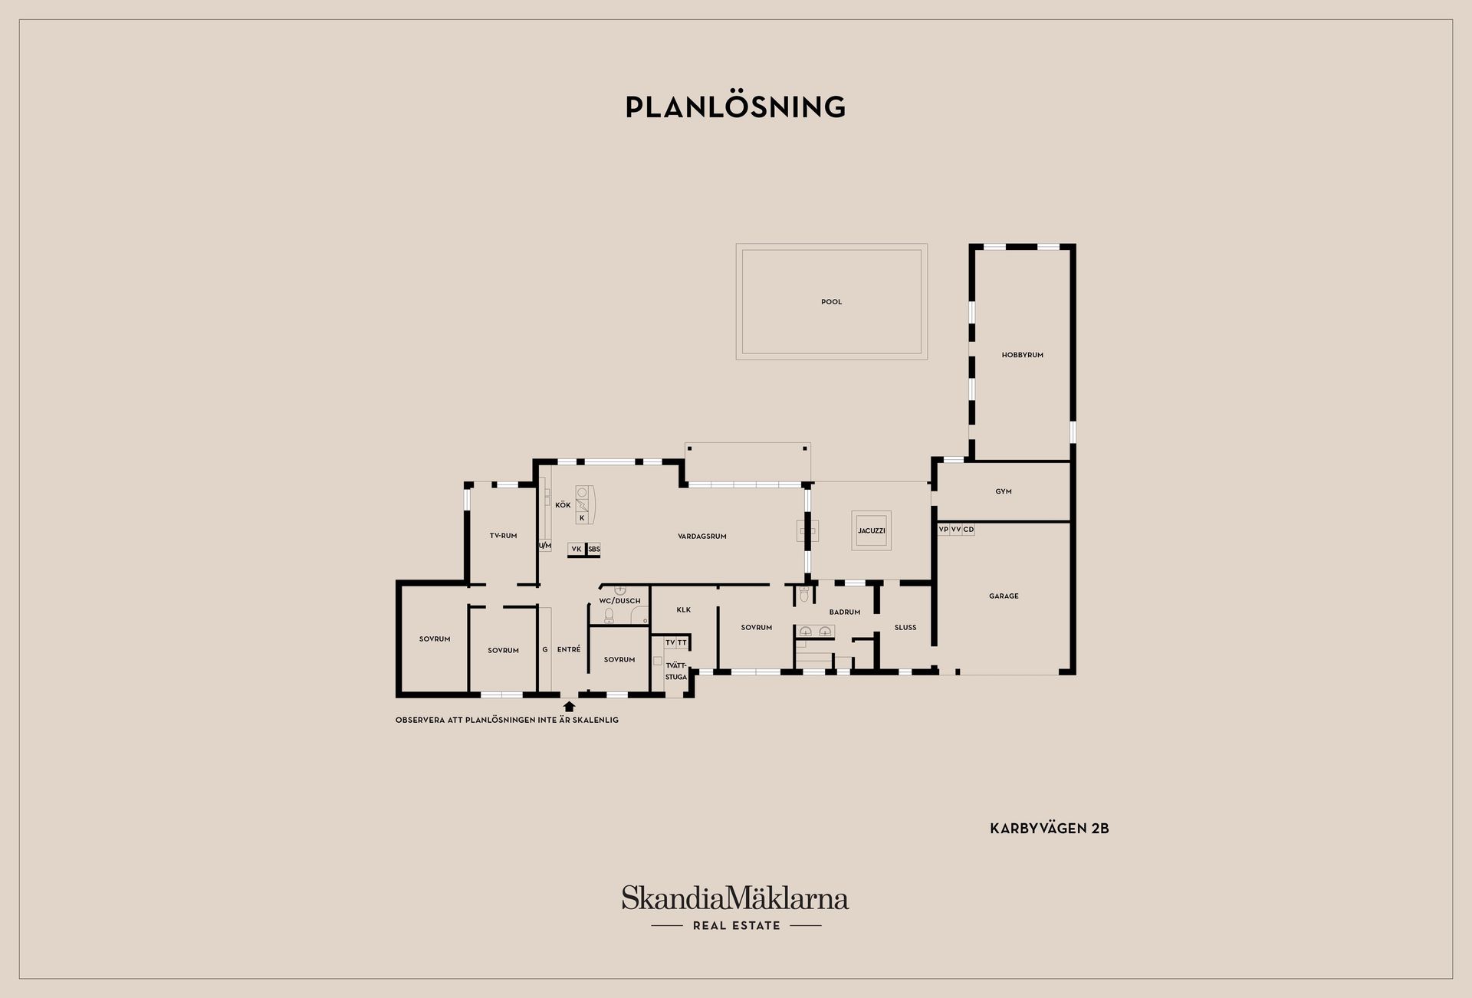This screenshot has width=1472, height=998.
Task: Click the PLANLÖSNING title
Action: (x=735, y=107)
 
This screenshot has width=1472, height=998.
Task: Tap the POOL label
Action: (x=831, y=302)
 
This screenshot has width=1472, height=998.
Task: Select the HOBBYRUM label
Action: (x=1022, y=355)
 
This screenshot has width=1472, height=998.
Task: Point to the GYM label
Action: (x=1004, y=491)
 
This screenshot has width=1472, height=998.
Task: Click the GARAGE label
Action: (x=1004, y=596)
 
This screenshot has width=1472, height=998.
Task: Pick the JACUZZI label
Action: (x=872, y=530)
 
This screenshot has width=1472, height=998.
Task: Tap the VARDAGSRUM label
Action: (x=701, y=537)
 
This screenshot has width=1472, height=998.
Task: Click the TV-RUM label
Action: (x=503, y=536)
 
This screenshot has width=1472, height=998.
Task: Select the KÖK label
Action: (x=563, y=505)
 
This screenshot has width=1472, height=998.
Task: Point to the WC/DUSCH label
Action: (x=619, y=601)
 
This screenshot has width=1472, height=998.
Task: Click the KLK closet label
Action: (x=684, y=610)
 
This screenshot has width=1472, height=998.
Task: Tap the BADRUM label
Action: (x=844, y=612)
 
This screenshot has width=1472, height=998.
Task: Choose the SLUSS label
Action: (x=905, y=627)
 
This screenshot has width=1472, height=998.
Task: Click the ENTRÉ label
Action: (x=569, y=649)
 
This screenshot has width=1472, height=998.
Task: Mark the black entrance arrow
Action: (x=569, y=706)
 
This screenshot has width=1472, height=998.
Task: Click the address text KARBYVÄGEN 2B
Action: (x=1050, y=829)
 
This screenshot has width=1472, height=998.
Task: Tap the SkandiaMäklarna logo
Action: (x=735, y=908)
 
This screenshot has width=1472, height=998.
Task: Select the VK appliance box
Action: (x=577, y=549)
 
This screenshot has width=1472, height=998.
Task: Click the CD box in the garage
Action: (x=968, y=530)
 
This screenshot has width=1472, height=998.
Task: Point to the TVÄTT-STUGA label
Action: (x=676, y=671)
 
